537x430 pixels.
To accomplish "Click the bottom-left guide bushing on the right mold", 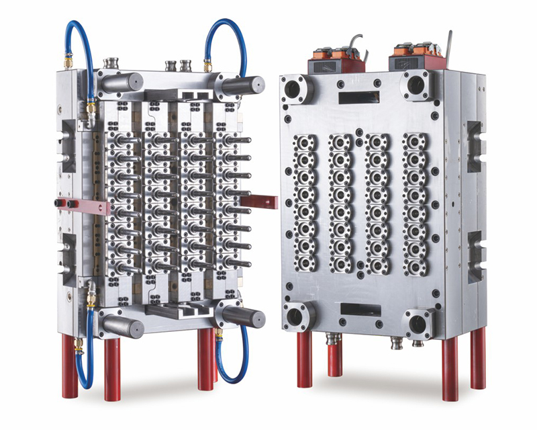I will click(x=296, y=315).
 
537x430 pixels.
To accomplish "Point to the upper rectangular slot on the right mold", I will click(x=356, y=98).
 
